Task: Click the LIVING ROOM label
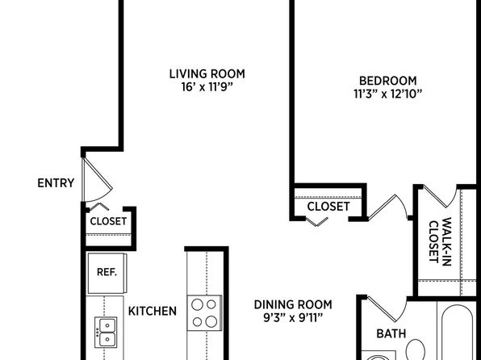point(207,74)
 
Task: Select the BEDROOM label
point(387,81)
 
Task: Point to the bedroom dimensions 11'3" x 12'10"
point(387,94)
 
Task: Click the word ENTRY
point(56,183)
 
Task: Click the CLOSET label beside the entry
point(108,221)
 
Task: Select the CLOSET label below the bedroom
point(328,207)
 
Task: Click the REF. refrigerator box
point(107,273)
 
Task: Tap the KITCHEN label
point(153,312)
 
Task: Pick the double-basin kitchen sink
point(106,332)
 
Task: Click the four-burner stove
point(205,312)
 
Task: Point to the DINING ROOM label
point(293,305)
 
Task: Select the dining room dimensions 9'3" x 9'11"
point(293,318)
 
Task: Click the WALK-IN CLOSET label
point(440,241)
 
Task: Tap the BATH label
point(391,333)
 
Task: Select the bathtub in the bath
point(457,334)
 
